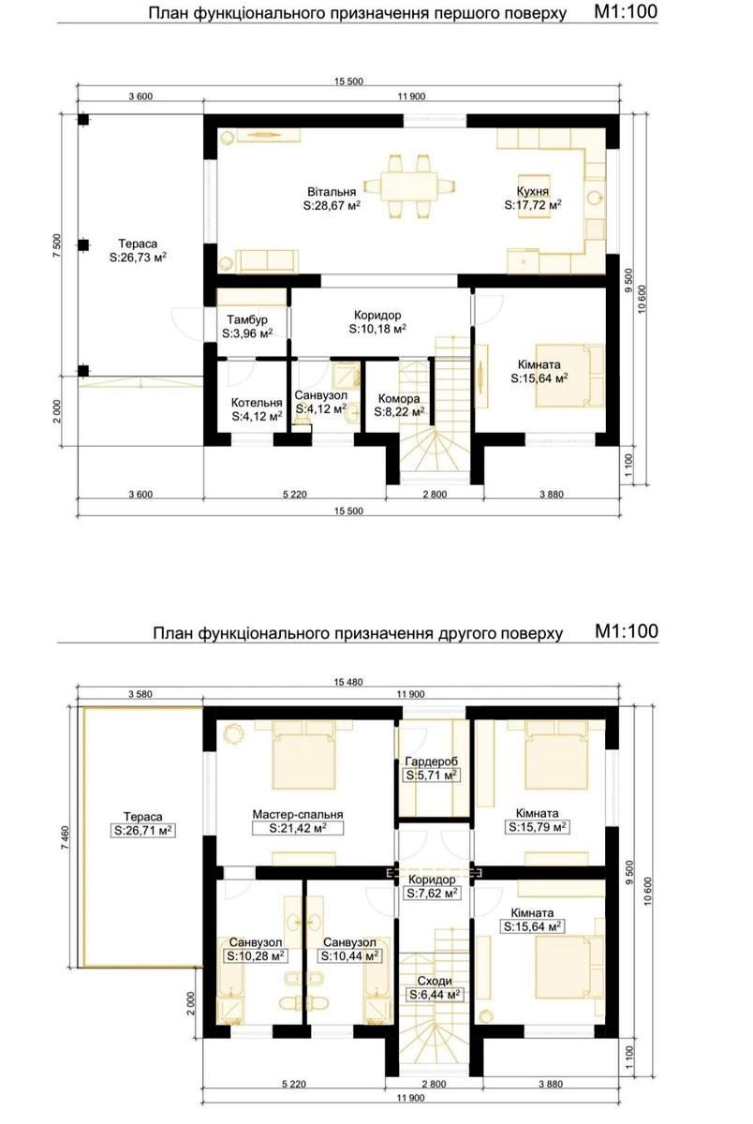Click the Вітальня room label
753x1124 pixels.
point(332,192)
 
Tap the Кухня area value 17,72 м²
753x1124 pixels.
point(533,205)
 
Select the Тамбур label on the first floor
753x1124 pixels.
point(247,319)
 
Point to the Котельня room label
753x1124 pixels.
point(257,403)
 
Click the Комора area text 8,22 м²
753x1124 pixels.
point(399,412)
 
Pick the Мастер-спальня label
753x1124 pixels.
point(298,814)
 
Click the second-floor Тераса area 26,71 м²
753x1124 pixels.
point(143,831)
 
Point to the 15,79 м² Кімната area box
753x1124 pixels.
point(538,827)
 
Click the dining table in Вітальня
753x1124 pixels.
point(410,186)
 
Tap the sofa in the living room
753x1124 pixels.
point(267,261)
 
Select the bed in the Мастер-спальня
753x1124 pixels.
point(303,761)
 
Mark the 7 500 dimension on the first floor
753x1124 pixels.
point(58,245)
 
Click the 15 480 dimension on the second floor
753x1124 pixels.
point(347,682)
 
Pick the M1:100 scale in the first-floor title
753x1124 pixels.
point(626,11)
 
